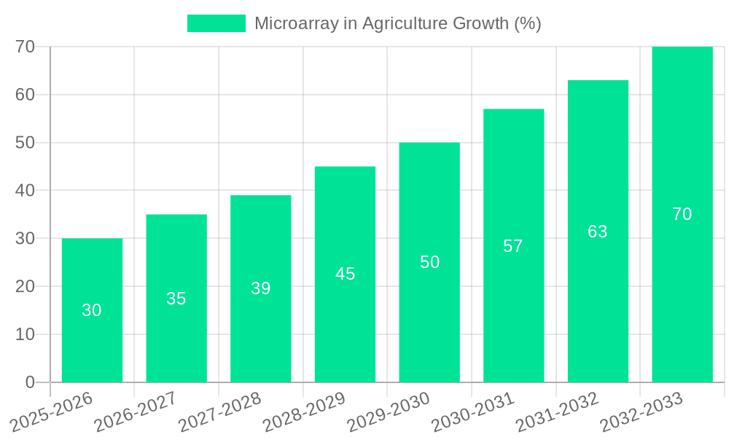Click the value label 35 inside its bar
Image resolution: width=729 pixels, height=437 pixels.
coord(176,299)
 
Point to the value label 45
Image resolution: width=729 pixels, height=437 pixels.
coord(345,274)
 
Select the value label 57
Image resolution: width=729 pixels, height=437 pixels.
coord(513,246)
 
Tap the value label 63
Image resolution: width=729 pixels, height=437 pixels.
coord(598,232)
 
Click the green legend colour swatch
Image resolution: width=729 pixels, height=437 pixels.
coord(217,23)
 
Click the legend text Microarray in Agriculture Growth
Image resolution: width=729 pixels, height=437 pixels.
coord(397,23)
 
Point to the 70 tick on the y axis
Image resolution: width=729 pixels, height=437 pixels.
coord(26,47)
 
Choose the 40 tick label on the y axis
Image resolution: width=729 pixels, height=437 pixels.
coord(26,190)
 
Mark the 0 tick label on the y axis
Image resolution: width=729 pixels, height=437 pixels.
coord(30,382)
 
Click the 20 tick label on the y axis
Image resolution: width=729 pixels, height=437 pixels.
coord(26,286)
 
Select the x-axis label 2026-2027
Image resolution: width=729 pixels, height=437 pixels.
coord(136,412)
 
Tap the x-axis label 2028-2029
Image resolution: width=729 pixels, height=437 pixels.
coord(304,412)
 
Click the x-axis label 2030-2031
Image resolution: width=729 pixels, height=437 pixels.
coord(473,412)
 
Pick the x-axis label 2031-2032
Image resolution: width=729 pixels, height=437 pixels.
coord(558,412)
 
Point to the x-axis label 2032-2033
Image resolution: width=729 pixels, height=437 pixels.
coord(642,412)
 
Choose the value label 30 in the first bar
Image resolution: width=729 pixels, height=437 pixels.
coord(92,310)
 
